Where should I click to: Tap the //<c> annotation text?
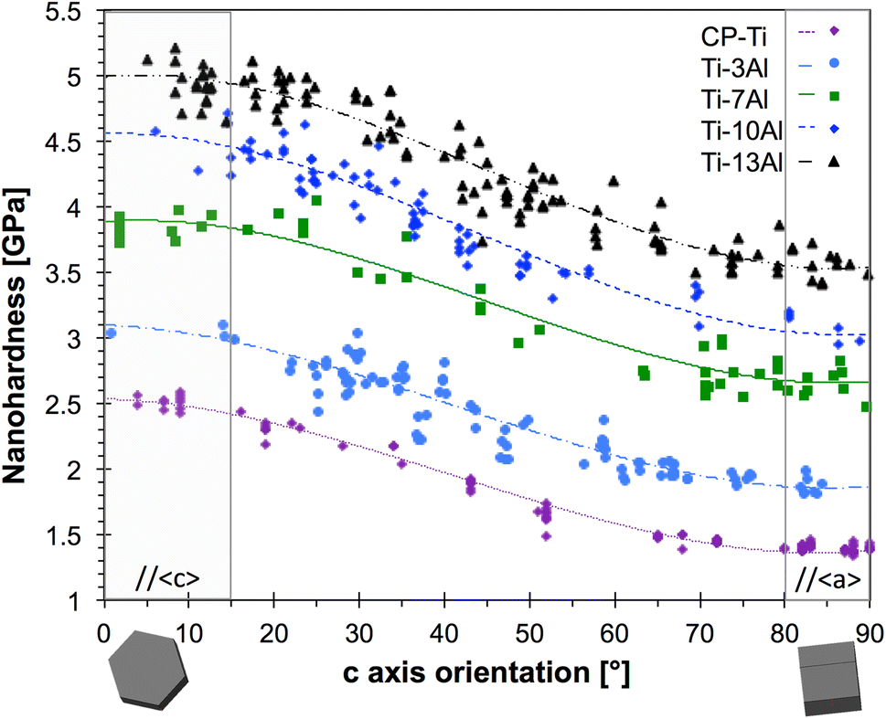(167, 580)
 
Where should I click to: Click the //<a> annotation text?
(827, 579)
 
